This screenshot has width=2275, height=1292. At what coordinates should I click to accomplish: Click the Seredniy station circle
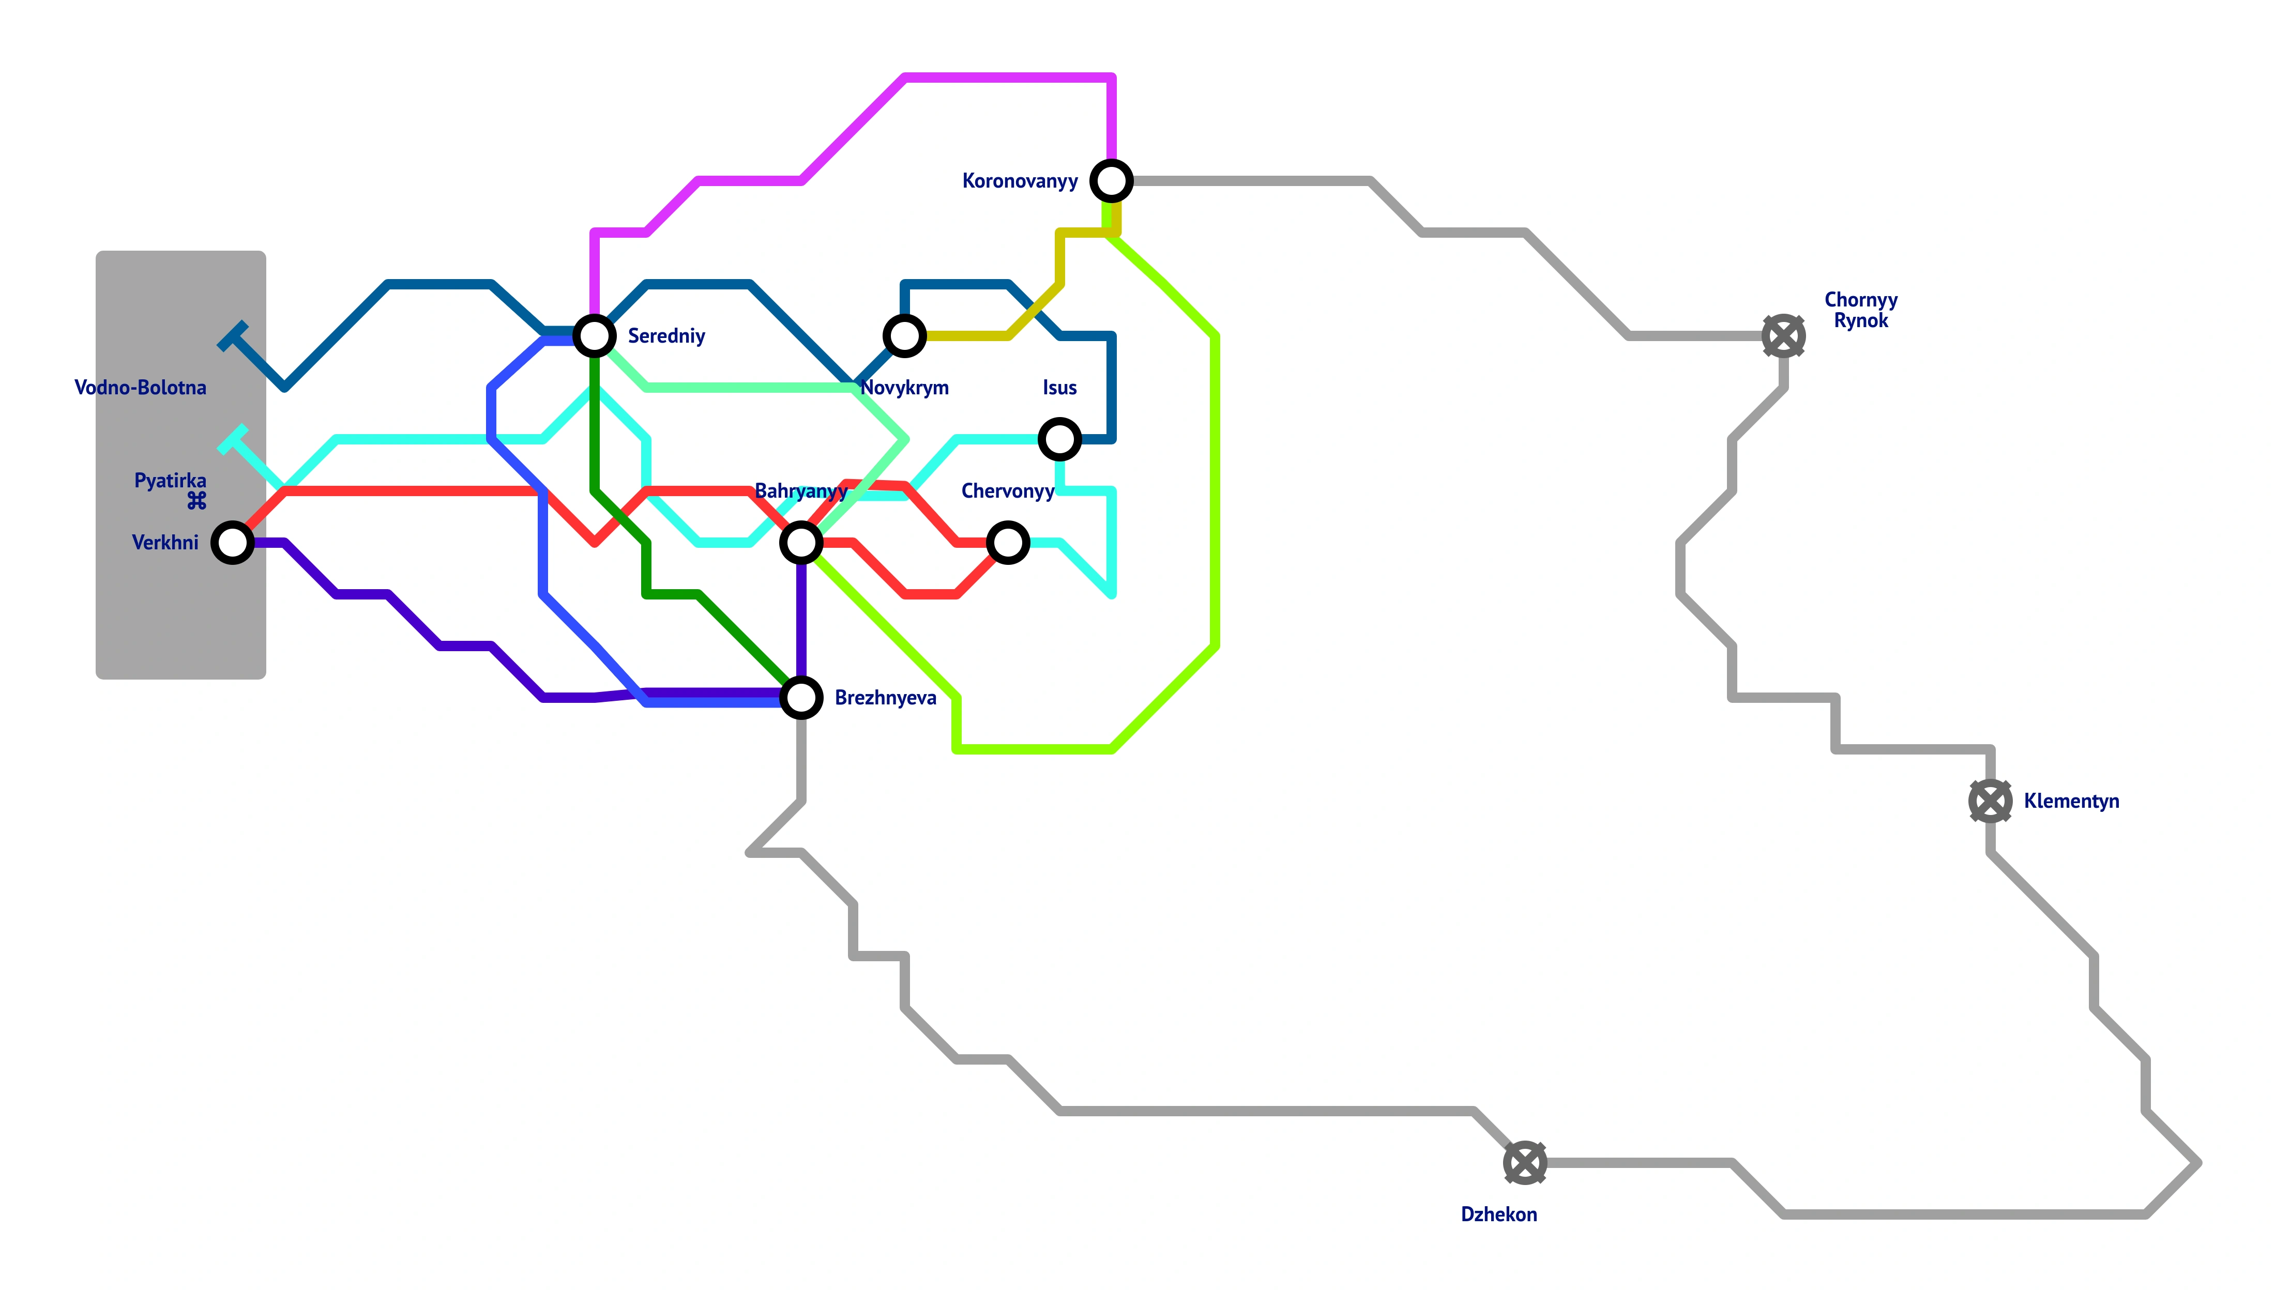[x=594, y=336]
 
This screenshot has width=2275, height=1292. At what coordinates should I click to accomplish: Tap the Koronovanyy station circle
[x=1111, y=181]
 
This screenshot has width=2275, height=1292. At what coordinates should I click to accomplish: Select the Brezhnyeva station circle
[x=800, y=698]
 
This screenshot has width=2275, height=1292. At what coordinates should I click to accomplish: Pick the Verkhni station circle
[x=233, y=542]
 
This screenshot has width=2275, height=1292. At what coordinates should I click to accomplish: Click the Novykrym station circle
[x=904, y=336]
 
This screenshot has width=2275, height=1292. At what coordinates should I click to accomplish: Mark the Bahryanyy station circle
[x=800, y=542]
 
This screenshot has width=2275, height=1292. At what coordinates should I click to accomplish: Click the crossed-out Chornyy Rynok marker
[x=1783, y=336]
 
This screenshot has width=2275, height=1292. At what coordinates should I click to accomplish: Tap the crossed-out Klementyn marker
[x=1990, y=801]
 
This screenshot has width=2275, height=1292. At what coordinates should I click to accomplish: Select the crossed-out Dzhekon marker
[x=1525, y=1162]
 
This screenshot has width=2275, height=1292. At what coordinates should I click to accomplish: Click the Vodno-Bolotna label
[x=140, y=388]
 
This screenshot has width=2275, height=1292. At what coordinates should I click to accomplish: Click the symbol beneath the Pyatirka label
[x=196, y=501]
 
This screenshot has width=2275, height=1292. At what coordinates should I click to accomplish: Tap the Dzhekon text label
[x=1498, y=1214]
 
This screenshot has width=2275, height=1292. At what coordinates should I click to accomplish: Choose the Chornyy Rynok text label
[x=1860, y=310]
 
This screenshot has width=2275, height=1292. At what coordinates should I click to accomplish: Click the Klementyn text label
[x=2071, y=801]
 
